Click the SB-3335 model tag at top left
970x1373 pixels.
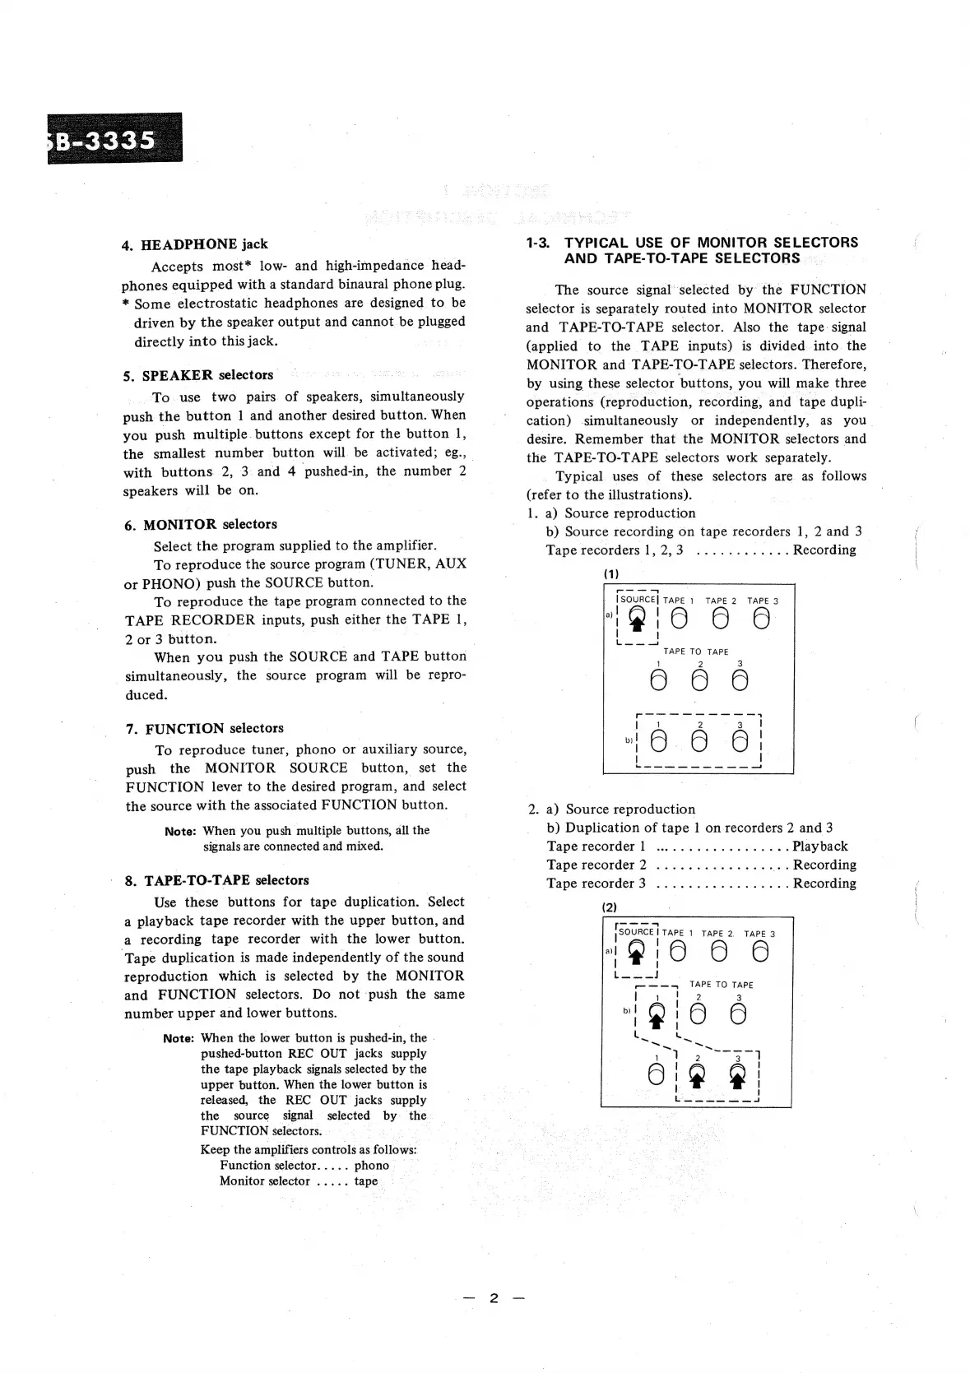tap(113, 138)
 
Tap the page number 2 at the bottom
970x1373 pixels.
tap(494, 1298)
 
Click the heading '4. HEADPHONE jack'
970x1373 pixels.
tap(194, 244)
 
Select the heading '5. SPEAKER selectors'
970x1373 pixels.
tap(198, 376)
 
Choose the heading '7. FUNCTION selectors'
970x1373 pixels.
tap(205, 729)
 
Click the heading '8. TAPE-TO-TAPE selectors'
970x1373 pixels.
tap(217, 881)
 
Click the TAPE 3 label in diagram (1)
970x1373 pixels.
tap(763, 601)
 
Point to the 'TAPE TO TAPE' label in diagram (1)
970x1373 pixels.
tap(696, 652)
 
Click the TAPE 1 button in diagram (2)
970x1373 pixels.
tap(678, 952)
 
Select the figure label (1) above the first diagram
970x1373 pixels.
tap(610, 573)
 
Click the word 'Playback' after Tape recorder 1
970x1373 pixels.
tap(819, 847)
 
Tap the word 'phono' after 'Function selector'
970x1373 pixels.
tap(372, 1166)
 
